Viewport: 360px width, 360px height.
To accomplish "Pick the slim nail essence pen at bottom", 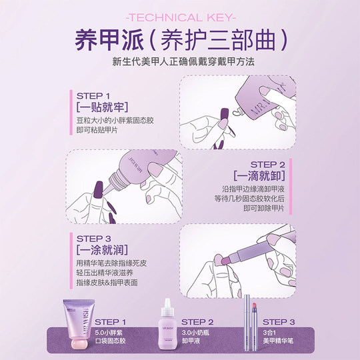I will click(252, 325).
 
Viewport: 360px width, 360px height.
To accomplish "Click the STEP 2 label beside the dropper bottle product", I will click(197, 322).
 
